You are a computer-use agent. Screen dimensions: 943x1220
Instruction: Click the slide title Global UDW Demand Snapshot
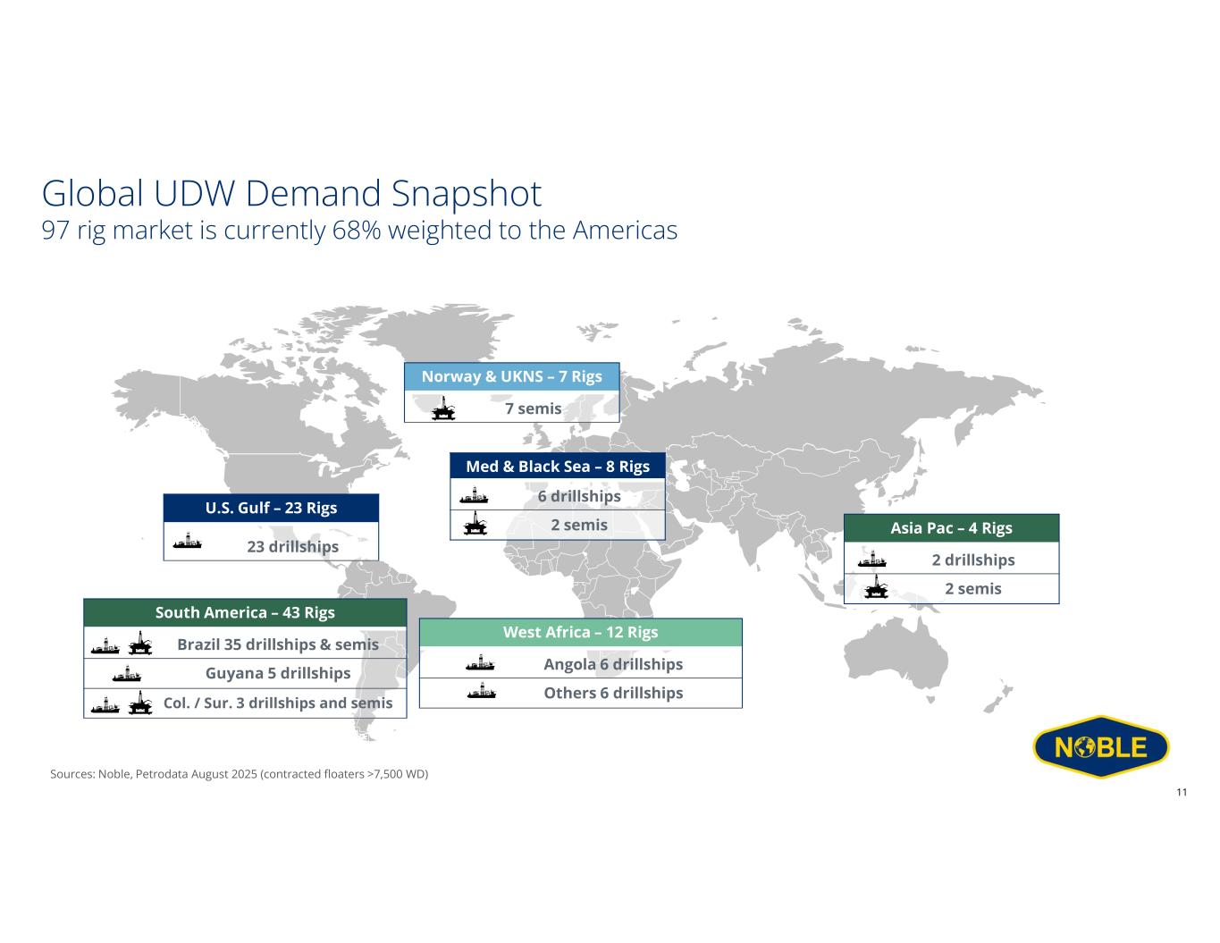[x=291, y=194]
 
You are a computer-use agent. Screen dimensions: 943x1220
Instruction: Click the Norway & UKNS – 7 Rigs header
[x=511, y=376]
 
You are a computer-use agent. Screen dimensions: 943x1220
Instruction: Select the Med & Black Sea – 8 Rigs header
[x=558, y=467]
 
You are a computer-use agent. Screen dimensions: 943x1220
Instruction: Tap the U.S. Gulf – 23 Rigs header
[x=271, y=508]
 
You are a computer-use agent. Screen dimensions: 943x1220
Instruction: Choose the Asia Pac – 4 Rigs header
[x=951, y=527]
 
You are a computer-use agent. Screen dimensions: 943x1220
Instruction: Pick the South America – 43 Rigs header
[x=245, y=612]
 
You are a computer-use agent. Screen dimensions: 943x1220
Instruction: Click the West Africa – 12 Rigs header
[x=580, y=632]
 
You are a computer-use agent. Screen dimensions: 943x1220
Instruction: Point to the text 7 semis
[x=533, y=408]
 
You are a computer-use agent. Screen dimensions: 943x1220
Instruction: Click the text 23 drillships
[x=292, y=546]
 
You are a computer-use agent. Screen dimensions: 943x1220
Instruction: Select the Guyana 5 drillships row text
[x=278, y=673]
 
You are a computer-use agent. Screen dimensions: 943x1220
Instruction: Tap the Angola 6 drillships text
[x=613, y=664]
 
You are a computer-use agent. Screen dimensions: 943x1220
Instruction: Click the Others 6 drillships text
[x=613, y=693]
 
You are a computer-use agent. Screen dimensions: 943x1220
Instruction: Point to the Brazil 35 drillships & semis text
[x=278, y=644]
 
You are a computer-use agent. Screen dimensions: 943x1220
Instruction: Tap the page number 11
[x=1182, y=793]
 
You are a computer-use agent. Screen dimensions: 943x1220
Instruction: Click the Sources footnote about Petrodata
[x=240, y=773]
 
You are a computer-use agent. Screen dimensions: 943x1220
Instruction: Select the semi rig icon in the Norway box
[x=442, y=408]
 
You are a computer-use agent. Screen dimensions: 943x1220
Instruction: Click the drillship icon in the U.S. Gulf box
[x=188, y=542]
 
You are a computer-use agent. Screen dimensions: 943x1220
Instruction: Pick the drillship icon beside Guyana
[x=126, y=673]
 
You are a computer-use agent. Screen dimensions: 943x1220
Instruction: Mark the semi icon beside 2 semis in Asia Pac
[x=876, y=589]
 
